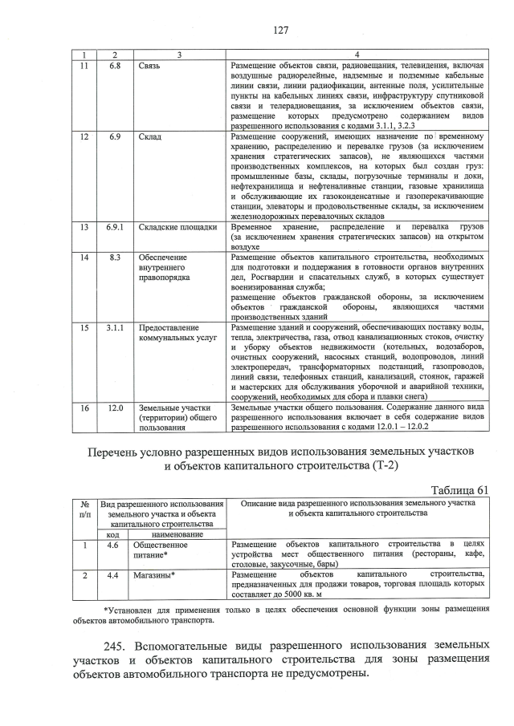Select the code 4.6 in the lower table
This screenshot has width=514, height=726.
click(113, 545)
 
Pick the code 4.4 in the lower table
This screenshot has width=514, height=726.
click(113, 574)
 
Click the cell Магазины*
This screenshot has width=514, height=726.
click(153, 574)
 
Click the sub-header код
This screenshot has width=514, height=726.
click(113, 533)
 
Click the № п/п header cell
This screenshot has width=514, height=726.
click(84, 508)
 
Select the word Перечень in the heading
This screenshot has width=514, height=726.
click(117, 452)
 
